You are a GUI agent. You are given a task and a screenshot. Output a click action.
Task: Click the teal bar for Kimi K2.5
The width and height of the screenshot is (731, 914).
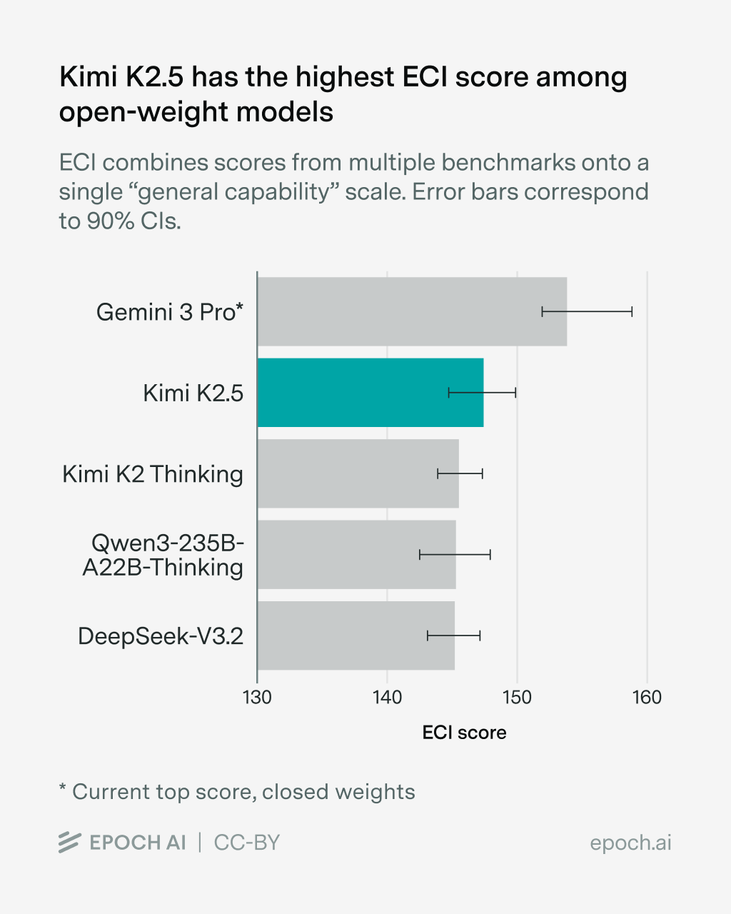(x=370, y=393)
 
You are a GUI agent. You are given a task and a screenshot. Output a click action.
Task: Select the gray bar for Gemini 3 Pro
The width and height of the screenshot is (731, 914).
(x=400, y=311)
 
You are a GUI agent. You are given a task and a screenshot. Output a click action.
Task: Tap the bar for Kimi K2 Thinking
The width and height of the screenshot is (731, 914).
(x=357, y=473)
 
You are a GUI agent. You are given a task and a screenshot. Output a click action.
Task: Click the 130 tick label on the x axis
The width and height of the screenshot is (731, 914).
(x=257, y=698)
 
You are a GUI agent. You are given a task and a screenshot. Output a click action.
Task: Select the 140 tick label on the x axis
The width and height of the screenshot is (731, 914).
(x=387, y=698)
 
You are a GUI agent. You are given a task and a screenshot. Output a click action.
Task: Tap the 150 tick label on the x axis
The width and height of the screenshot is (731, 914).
(x=517, y=698)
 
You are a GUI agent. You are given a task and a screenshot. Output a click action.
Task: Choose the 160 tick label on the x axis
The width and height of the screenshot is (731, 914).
(x=647, y=698)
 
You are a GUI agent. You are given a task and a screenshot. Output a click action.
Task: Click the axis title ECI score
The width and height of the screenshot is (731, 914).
(x=464, y=733)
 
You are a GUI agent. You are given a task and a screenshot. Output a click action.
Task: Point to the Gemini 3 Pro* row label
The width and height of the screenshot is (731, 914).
(x=170, y=312)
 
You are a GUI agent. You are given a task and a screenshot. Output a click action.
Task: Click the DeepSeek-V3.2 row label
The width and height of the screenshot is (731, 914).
(x=161, y=636)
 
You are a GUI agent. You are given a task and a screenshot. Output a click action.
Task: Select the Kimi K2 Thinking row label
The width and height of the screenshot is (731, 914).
(x=153, y=474)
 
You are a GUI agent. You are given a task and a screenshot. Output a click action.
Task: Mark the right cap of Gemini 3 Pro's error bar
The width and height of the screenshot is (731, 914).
(x=632, y=311)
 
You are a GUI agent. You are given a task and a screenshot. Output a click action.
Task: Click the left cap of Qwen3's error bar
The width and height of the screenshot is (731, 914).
(x=419, y=555)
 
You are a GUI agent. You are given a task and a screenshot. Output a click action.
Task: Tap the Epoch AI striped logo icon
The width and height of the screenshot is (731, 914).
(x=69, y=843)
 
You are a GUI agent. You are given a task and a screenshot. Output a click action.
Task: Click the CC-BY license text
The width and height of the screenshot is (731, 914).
(x=247, y=843)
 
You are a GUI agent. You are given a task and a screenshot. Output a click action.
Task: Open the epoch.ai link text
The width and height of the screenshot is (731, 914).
(x=630, y=843)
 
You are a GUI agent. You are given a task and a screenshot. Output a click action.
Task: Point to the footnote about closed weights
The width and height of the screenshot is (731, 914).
(x=237, y=792)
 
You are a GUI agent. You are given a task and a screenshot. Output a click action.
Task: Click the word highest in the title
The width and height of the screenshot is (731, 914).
(x=344, y=77)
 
